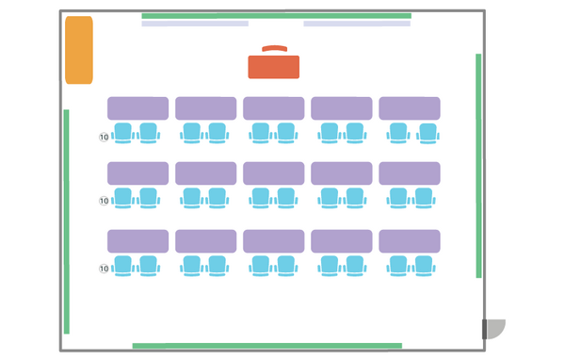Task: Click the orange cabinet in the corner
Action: [79, 50]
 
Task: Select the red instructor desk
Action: [273, 67]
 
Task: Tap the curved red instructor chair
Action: [275, 48]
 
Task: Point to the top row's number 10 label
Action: [104, 137]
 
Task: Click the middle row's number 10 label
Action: [104, 201]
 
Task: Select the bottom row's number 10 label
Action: [104, 269]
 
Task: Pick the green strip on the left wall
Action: [66, 221]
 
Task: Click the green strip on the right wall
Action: [478, 166]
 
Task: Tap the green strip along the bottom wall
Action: [267, 346]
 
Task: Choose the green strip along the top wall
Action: [276, 16]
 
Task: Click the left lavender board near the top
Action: [195, 24]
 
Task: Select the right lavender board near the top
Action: [357, 24]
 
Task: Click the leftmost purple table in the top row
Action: [138, 108]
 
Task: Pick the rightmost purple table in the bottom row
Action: [410, 241]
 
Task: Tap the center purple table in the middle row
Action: [273, 173]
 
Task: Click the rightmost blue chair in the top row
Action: [428, 134]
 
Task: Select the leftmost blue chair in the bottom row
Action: [122, 266]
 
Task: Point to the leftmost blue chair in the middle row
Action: [122, 199]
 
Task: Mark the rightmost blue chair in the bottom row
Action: [424, 266]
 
